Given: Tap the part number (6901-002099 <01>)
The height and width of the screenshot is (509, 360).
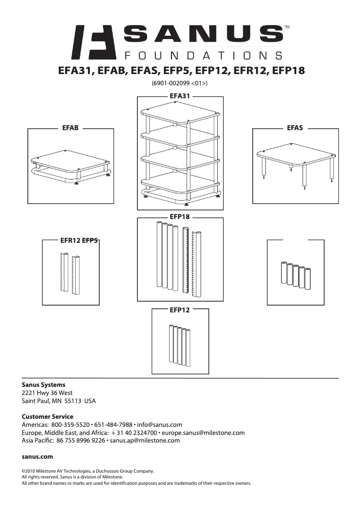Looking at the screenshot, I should click(180, 83).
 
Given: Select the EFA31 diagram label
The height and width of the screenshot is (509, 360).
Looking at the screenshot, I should click(180, 96).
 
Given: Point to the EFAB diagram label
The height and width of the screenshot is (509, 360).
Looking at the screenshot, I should click(70, 128).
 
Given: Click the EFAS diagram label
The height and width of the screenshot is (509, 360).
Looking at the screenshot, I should click(295, 128).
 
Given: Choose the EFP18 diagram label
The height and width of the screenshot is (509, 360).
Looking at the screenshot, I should click(180, 217).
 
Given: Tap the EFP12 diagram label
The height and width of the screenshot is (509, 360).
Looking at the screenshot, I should click(180, 310).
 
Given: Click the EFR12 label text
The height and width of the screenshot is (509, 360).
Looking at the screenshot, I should click(70, 241).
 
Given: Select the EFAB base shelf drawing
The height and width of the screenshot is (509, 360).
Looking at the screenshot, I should click(70, 162).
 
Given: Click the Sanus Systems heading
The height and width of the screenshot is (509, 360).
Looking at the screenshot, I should click(44, 385).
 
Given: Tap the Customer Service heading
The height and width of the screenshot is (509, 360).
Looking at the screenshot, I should click(48, 417).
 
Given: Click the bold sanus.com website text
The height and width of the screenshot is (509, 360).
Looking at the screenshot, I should click(38, 456).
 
